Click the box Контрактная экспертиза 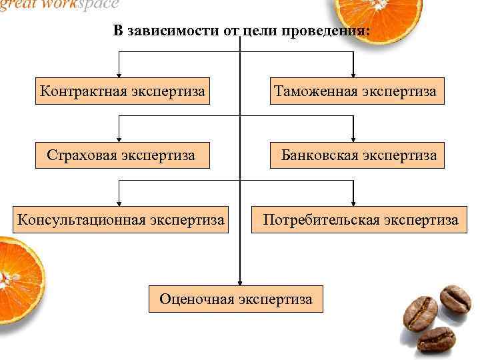[121, 91]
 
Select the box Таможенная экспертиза [354, 91]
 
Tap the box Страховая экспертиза [121, 155]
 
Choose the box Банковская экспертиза [358, 155]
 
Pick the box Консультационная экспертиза [121, 219]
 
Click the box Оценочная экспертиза [235, 299]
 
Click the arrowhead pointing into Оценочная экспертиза [241, 282]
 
